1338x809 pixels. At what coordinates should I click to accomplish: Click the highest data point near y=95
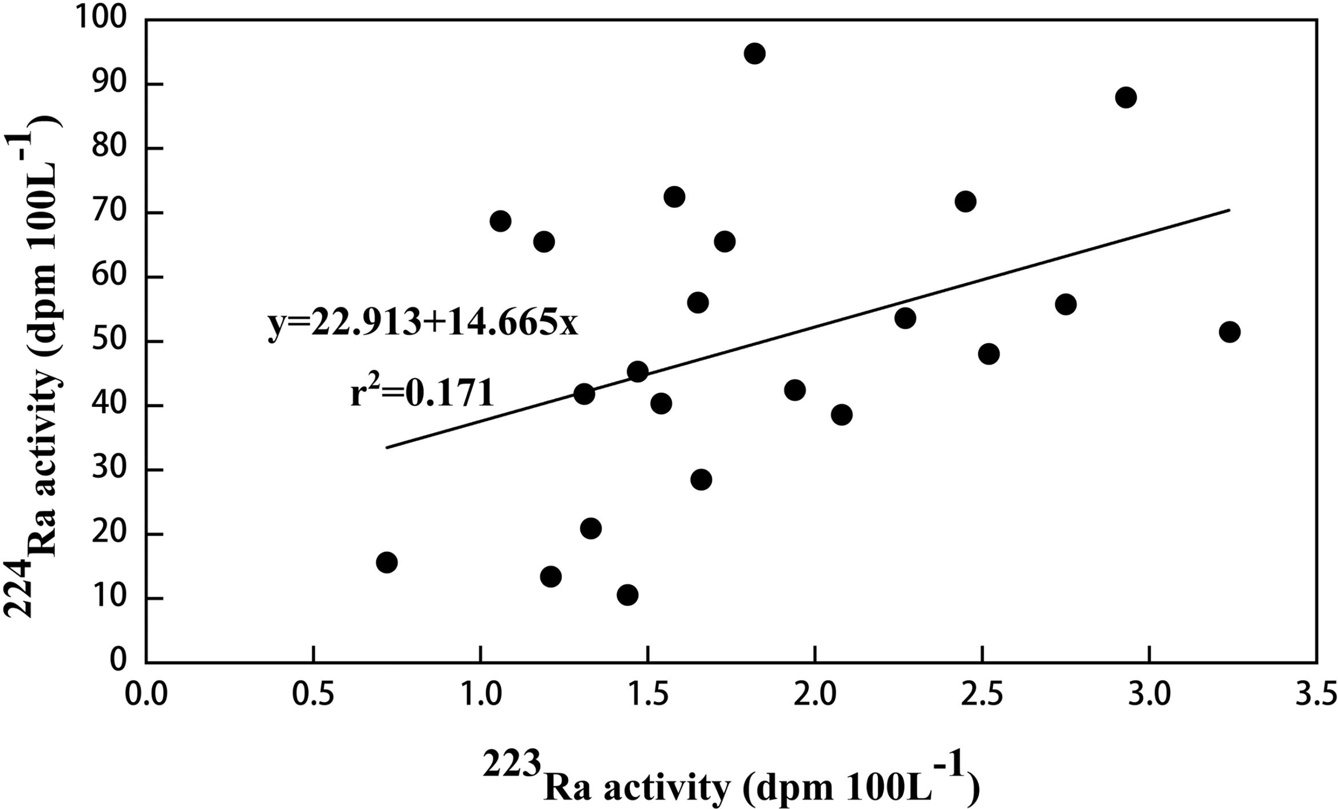coord(755,53)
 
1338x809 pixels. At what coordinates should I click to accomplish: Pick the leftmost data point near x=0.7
coord(386,562)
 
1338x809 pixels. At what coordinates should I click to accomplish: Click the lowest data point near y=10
coord(627,595)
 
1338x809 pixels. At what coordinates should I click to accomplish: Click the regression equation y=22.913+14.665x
coord(423,324)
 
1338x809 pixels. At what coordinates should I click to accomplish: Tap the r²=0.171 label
coord(422,393)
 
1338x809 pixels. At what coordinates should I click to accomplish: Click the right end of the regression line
coord(1229,210)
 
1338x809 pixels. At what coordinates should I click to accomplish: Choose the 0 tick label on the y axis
coord(117,661)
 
